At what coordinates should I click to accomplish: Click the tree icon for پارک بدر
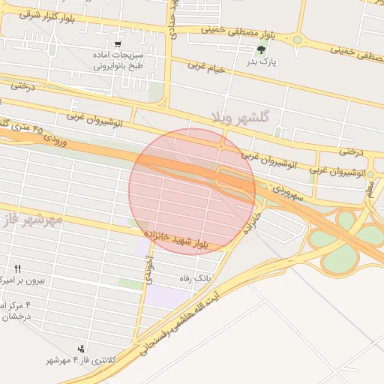[262, 50]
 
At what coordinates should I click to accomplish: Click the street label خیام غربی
[205, 68]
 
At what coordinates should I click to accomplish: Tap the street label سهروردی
[286, 192]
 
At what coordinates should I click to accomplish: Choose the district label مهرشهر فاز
[30, 220]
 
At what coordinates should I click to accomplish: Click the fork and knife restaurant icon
[18, 268]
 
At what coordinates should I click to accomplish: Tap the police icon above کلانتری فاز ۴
[81, 349]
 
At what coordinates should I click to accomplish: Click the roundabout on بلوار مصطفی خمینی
[297, 40]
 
